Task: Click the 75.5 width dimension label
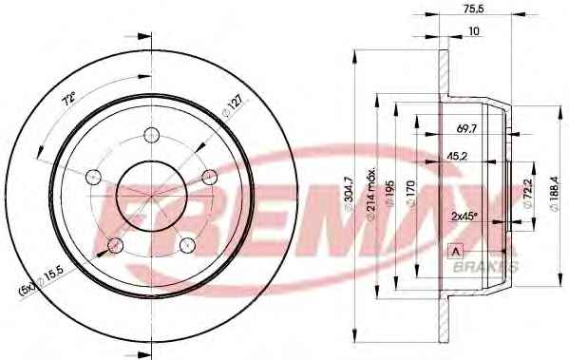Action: pos(474,9)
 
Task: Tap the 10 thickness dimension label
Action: pos(474,31)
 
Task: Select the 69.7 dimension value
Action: pos(466,128)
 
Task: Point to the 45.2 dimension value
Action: pos(457,156)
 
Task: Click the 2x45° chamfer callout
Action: pos(464,217)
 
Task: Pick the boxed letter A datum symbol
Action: pos(456,251)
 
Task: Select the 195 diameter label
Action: pos(391,193)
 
